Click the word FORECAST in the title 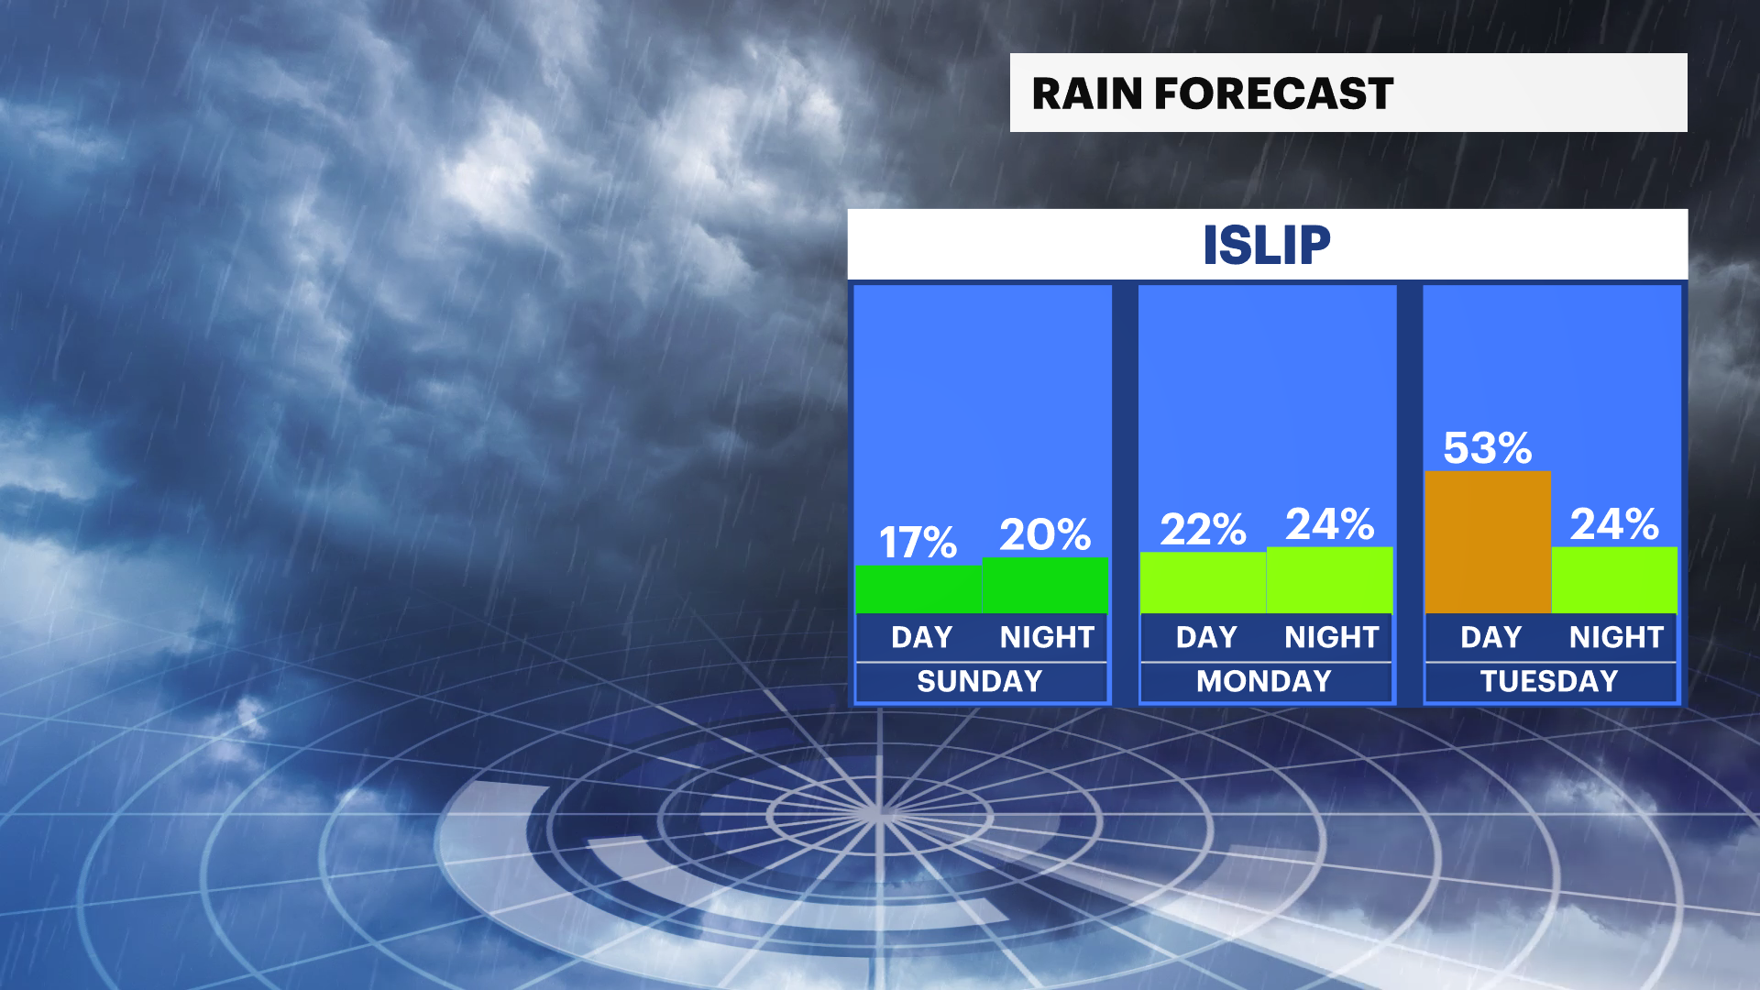pos(1274,93)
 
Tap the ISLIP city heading pos(1267,245)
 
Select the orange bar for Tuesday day pos(1488,542)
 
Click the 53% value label pos(1488,448)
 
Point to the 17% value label pos(918,543)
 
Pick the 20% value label pos(1045,534)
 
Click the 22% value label pos(1204,530)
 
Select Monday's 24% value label pos(1330,524)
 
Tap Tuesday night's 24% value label pos(1615,524)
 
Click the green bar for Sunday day pos(918,589)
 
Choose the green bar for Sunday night pos(1045,585)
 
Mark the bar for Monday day pos(1204,583)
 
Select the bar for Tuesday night pos(1614,580)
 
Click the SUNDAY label pos(980,681)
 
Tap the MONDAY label pos(1264,681)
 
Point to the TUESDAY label pos(1549,681)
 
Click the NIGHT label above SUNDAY pos(1047,637)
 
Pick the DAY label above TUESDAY pos(1491,637)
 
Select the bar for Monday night pos(1330,580)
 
